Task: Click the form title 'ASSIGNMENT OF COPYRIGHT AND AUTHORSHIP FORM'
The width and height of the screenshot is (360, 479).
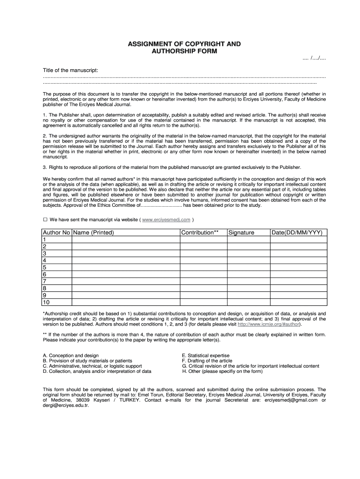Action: pos(185,47)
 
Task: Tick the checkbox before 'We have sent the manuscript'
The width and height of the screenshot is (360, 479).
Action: pos(45,219)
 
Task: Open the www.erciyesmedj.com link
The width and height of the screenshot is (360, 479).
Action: pos(166,219)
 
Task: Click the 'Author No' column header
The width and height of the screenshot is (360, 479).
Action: pos(57,232)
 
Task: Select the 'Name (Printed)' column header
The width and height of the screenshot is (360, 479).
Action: pos(94,232)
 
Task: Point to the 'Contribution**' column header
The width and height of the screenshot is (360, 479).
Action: pos(200,232)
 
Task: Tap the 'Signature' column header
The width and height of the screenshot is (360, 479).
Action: pos(241,232)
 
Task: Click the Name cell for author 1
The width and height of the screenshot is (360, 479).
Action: pos(126,239)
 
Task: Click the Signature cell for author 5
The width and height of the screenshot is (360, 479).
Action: pos(248,268)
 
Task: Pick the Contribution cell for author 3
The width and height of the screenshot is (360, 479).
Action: pos(203,254)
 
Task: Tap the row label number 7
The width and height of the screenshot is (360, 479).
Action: pos(45,282)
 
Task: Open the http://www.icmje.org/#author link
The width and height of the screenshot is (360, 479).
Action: pos(269,324)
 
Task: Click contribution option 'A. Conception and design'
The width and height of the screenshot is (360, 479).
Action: pos(71,356)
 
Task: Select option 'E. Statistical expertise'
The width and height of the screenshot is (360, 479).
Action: pos(206,356)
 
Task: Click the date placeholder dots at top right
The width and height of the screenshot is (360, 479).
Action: pos(314,58)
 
